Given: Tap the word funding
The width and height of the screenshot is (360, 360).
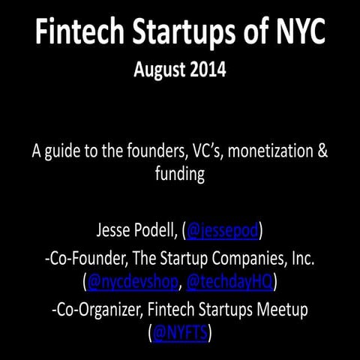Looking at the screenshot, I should pos(180,174).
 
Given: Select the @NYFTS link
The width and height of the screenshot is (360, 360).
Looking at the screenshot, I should pos(179,332).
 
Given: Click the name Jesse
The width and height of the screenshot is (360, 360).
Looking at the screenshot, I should pos(115,230).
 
